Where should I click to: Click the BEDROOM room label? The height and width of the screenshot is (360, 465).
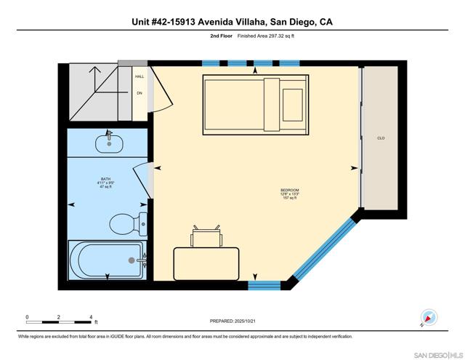point(289,191)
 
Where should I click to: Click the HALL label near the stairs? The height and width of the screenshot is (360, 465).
point(139,76)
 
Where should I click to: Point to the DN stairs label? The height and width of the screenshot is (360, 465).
point(139,93)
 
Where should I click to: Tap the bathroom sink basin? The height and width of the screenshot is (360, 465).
point(110,143)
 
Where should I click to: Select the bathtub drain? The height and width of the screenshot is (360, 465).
point(132,260)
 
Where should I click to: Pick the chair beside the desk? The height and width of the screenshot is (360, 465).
point(205,237)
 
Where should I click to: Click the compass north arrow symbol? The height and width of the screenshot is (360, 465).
point(429,317)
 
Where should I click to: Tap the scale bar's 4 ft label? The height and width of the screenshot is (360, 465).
point(91,317)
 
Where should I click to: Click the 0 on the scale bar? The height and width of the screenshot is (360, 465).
point(27,317)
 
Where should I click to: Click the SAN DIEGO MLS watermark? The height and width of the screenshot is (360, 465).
point(437,353)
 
